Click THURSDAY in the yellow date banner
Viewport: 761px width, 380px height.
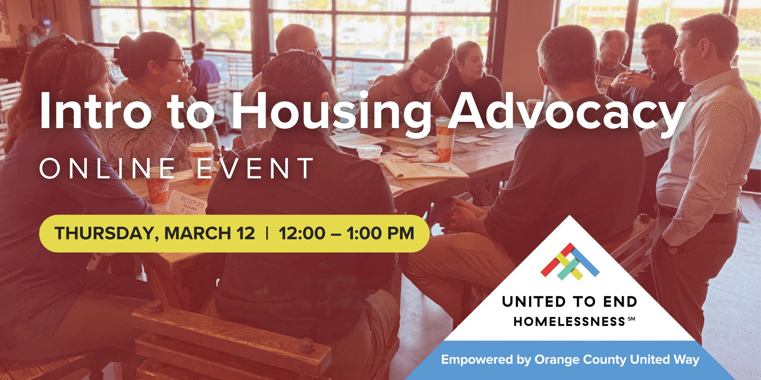(104, 234)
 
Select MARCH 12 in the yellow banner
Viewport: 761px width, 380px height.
(210, 234)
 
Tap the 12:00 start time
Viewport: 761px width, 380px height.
(302, 234)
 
